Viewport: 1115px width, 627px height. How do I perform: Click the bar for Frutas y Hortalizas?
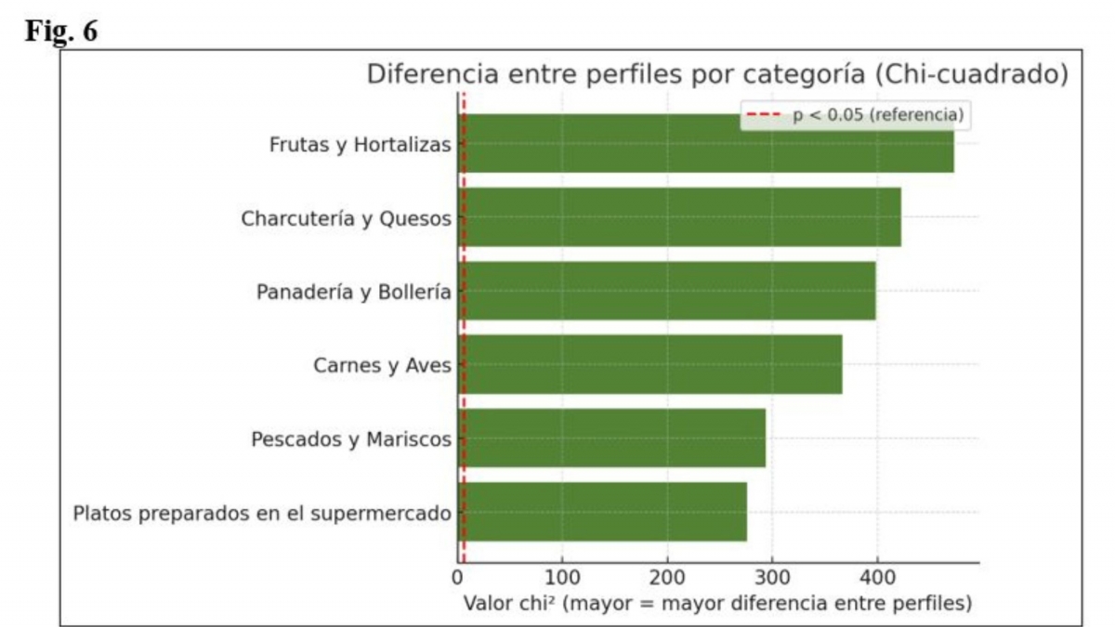pos(706,143)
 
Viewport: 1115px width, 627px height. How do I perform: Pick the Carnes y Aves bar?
pos(650,364)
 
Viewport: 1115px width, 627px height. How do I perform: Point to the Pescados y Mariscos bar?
pos(612,438)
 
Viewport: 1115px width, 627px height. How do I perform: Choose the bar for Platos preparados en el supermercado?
pos(603,512)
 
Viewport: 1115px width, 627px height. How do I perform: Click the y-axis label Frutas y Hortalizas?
pos(361,145)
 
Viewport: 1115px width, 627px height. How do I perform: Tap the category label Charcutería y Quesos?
pos(347,219)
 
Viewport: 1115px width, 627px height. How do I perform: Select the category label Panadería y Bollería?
pos(354,292)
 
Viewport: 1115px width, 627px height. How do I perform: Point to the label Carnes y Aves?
pos(383,365)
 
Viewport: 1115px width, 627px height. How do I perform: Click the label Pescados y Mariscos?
pos(351,438)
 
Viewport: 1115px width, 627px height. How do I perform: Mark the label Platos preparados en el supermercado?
pos(262,513)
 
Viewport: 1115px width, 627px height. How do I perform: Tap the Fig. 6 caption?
pos(61,31)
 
